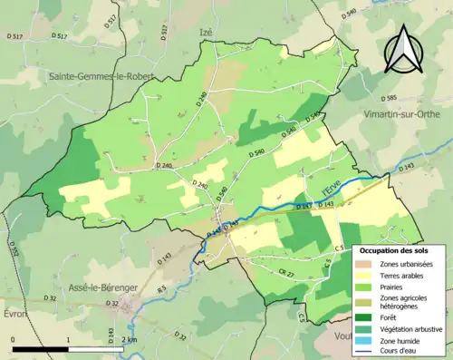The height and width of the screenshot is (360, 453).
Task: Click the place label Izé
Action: pyautogui.click(x=206, y=32)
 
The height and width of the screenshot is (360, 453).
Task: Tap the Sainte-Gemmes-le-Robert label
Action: pyautogui.click(x=101, y=77)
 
